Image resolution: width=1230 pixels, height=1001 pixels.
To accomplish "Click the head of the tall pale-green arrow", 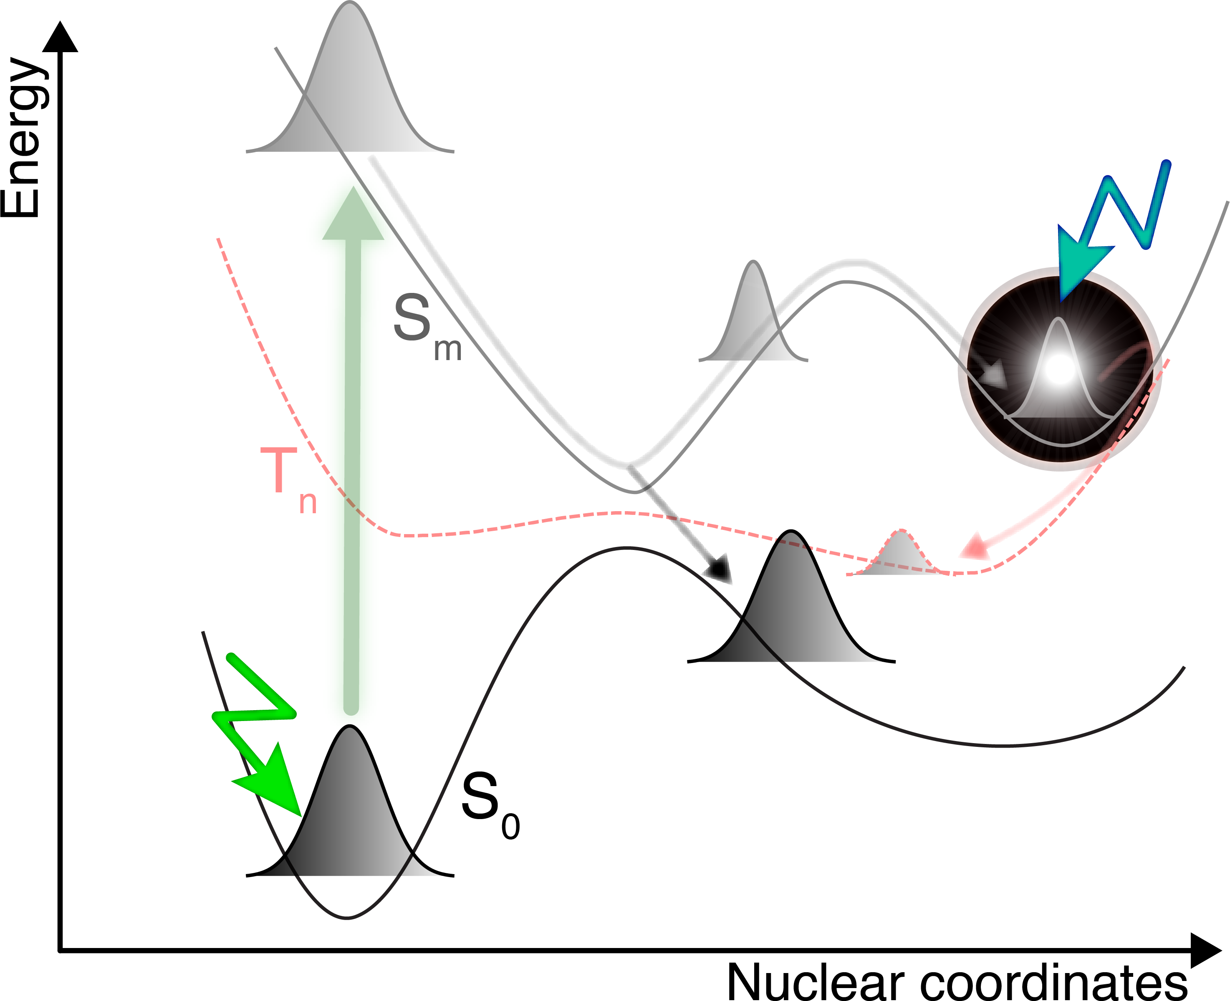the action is click(353, 216).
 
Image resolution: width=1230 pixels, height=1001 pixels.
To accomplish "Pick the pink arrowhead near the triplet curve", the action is click(975, 547).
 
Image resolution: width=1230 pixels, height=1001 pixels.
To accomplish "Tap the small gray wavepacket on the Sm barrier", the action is click(753, 323).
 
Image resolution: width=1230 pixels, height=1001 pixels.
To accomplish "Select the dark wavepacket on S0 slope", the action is click(792, 611).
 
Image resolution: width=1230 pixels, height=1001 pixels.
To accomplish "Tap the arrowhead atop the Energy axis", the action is click(60, 38).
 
